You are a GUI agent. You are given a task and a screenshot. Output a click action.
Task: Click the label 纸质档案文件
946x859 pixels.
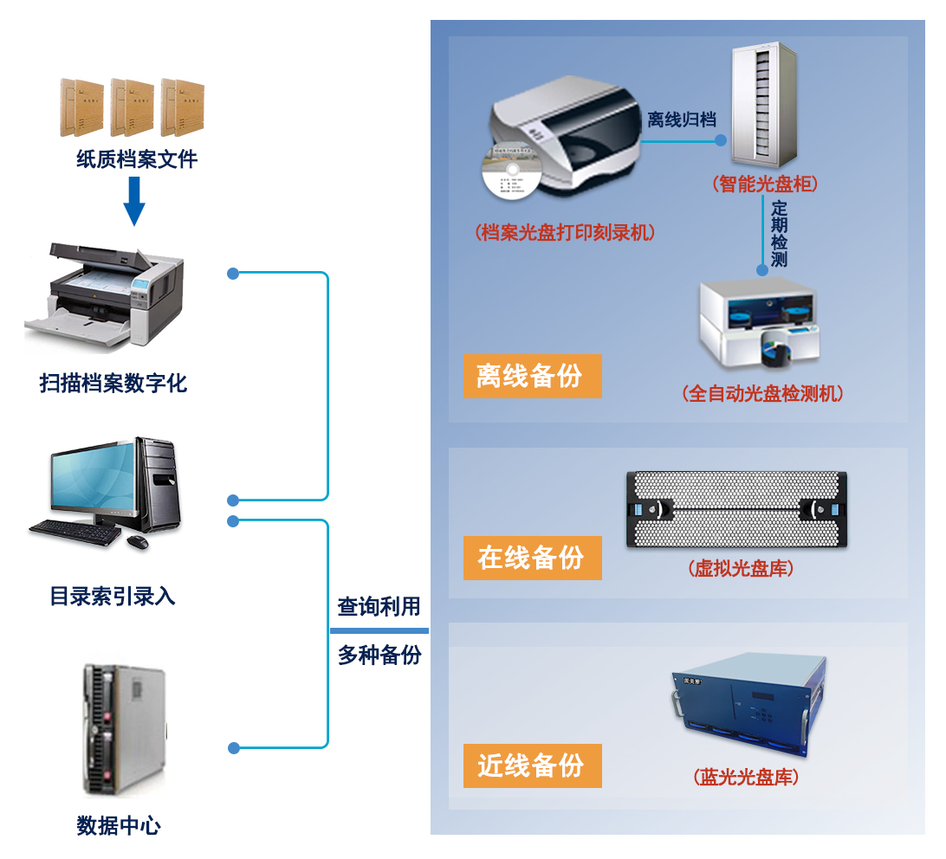pos(136,159)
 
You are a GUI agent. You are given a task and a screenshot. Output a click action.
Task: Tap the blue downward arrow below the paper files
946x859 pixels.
pos(133,201)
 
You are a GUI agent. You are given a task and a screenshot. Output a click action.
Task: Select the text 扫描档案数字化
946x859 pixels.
pos(113,383)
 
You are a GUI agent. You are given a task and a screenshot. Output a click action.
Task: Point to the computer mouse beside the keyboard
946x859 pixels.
pos(137,542)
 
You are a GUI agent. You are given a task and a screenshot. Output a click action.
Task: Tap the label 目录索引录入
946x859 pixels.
pos(113,596)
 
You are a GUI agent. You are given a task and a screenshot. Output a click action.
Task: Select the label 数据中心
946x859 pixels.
pos(119,825)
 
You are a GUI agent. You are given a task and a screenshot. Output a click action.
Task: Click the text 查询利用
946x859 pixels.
pos(379,607)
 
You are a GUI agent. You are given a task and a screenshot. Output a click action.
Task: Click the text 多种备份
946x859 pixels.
pos(379,655)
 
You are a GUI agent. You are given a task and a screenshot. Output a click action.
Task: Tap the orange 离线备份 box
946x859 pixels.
pos(532,376)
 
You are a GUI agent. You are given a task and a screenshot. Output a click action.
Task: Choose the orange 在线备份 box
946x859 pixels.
pos(532,558)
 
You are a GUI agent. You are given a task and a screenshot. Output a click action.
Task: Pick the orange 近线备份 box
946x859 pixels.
pos(532,765)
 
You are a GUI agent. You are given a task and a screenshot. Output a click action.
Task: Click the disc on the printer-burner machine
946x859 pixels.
pos(509,178)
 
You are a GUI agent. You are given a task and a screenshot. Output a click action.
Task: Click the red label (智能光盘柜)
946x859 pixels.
pos(763,184)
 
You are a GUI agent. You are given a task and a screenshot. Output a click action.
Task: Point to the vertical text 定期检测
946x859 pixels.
pos(779,234)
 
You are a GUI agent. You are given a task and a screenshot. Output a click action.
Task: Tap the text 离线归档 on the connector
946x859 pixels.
pos(681,119)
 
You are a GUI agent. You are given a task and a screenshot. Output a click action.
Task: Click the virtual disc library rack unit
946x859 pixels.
pos(735,509)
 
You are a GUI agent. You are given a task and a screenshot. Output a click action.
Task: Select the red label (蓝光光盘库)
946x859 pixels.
pos(746,777)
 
